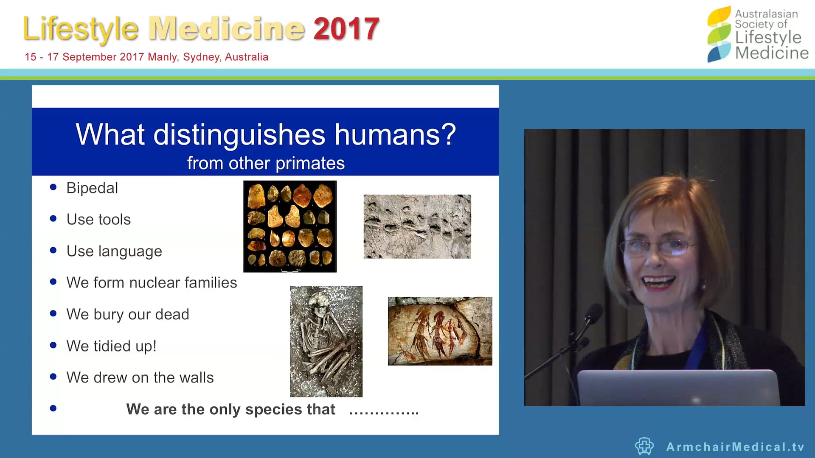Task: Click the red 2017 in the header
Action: coord(346,29)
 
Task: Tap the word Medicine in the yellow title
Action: coord(227,29)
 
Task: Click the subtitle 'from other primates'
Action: coord(266,163)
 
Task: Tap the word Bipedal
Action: coord(92,188)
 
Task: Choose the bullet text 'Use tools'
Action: coord(98,219)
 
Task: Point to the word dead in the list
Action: coord(172,314)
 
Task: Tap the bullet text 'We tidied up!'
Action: coord(111,346)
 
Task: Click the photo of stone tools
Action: coord(290,226)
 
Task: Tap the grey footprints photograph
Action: coord(417,226)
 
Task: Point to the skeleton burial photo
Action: coord(326,341)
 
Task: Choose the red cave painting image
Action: coord(440,331)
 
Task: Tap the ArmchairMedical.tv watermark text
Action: coord(735,447)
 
